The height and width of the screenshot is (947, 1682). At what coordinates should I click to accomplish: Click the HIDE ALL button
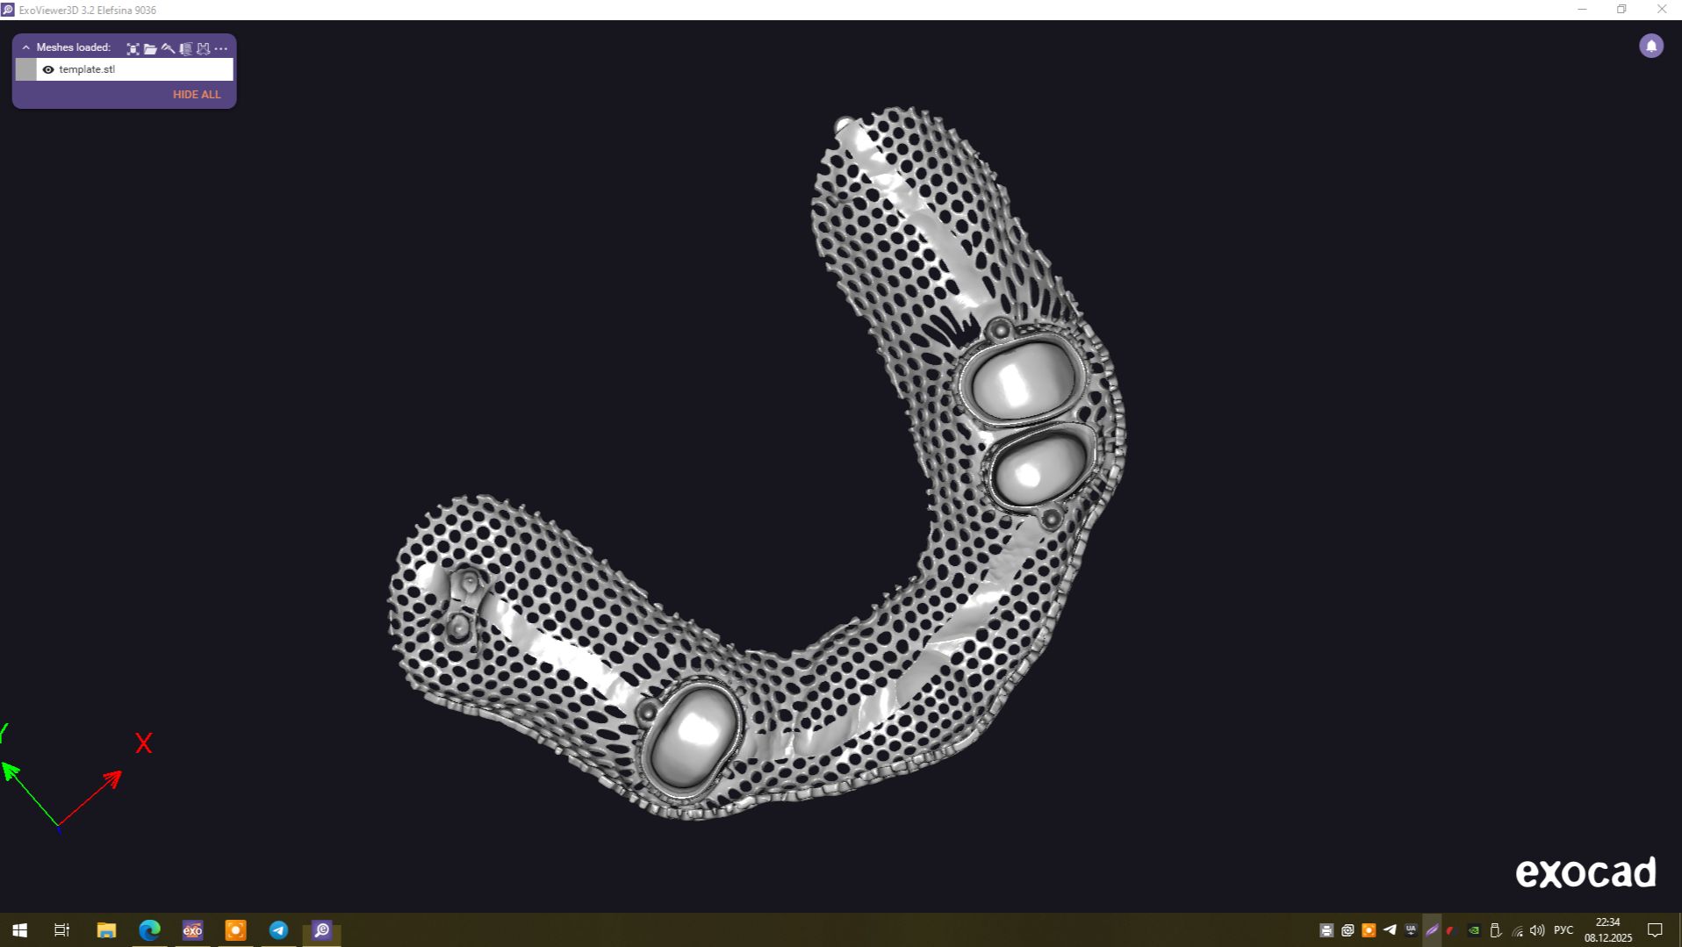[x=197, y=94]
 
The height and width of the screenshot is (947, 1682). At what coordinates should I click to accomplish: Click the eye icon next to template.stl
[x=48, y=69]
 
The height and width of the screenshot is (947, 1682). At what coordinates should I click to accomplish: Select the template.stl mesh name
[x=87, y=69]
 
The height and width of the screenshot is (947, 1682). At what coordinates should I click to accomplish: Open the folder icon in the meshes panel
[x=150, y=48]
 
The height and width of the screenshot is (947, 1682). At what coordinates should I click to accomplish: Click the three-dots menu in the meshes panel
[x=220, y=48]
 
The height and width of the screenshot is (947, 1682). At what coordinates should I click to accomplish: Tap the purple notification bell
[x=1651, y=46]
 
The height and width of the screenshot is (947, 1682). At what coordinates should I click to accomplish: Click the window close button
[x=1662, y=10]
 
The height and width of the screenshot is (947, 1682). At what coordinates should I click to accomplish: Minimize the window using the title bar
[x=1582, y=10]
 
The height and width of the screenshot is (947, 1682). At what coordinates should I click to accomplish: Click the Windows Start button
[x=19, y=930]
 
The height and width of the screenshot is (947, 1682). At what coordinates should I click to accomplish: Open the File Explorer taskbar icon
[x=106, y=930]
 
